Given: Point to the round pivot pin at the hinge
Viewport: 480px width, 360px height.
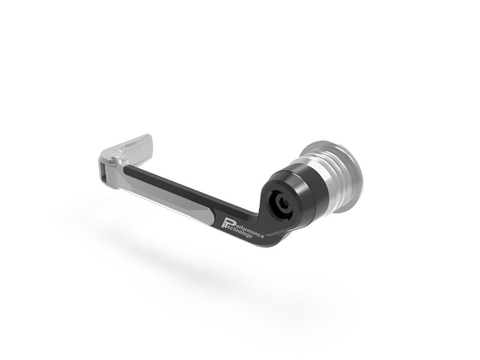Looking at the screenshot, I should pos(116,159).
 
